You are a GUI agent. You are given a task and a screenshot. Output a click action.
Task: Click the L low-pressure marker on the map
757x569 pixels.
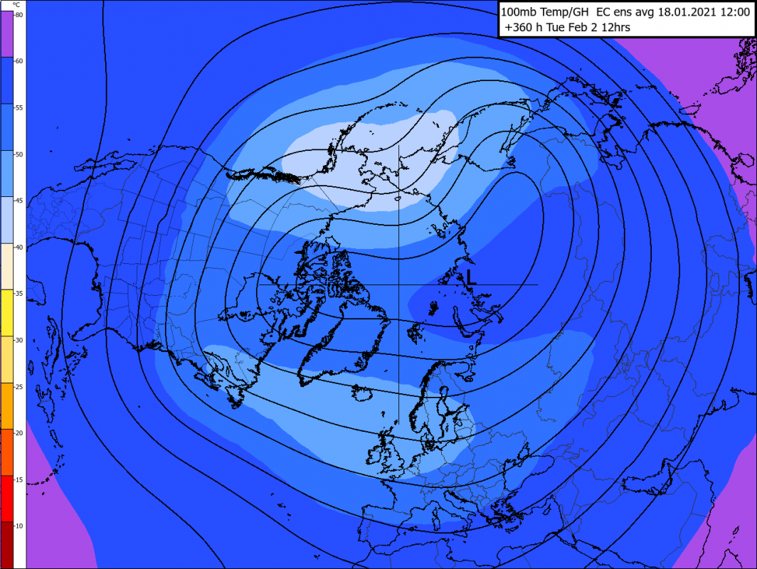pyautogui.click(x=470, y=277)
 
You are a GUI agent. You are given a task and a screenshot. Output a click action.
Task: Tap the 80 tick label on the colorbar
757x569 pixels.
pyautogui.click(x=18, y=15)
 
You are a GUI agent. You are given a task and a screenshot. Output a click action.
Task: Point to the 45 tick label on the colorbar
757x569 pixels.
pyautogui.click(x=18, y=201)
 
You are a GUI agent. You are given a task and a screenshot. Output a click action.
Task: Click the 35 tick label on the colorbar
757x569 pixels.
pyautogui.click(x=18, y=293)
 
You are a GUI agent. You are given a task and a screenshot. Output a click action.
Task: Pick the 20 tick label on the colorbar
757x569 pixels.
pyautogui.click(x=18, y=432)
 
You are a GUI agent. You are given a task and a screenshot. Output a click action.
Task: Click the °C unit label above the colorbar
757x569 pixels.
pyautogui.click(x=16, y=4)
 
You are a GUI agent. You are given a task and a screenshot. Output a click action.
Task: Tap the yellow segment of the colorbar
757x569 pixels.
pyautogui.click(x=13, y=313)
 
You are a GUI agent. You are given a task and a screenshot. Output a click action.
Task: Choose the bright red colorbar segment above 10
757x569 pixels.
pyautogui.click(x=13, y=498)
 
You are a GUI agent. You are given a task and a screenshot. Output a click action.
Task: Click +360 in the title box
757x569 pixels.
pyautogui.click(x=519, y=28)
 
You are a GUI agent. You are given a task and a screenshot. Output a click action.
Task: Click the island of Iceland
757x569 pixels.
pyautogui.click(x=364, y=393)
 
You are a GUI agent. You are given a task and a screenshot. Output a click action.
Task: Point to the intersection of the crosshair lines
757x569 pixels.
pyautogui.click(x=398, y=284)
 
